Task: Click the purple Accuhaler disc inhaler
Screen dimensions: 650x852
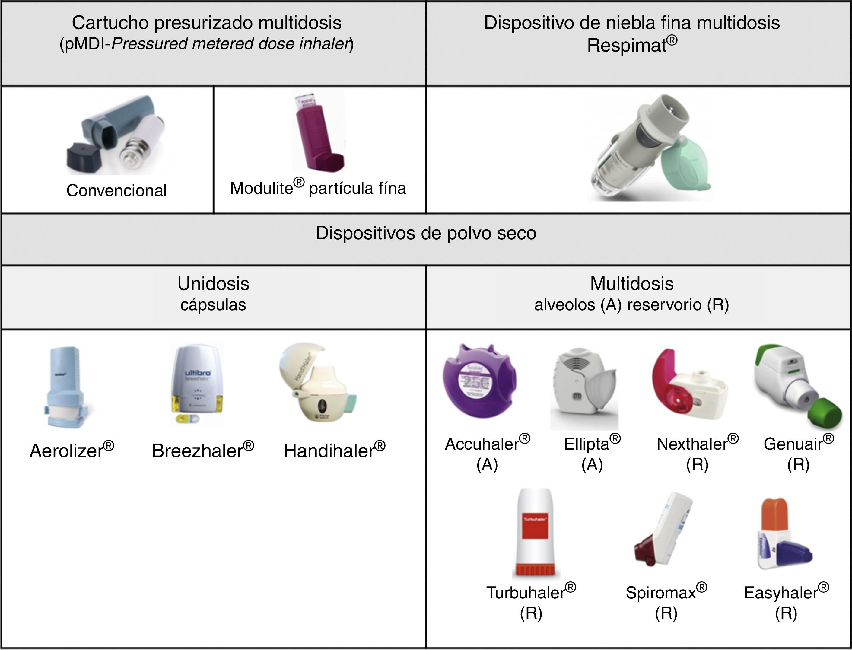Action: pos(479,381)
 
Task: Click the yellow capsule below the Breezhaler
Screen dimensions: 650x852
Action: pos(187,418)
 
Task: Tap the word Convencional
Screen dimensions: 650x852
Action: pos(116,190)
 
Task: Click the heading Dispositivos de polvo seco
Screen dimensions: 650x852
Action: pos(426,233)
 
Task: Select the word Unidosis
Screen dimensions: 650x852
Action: pos(213,284)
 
